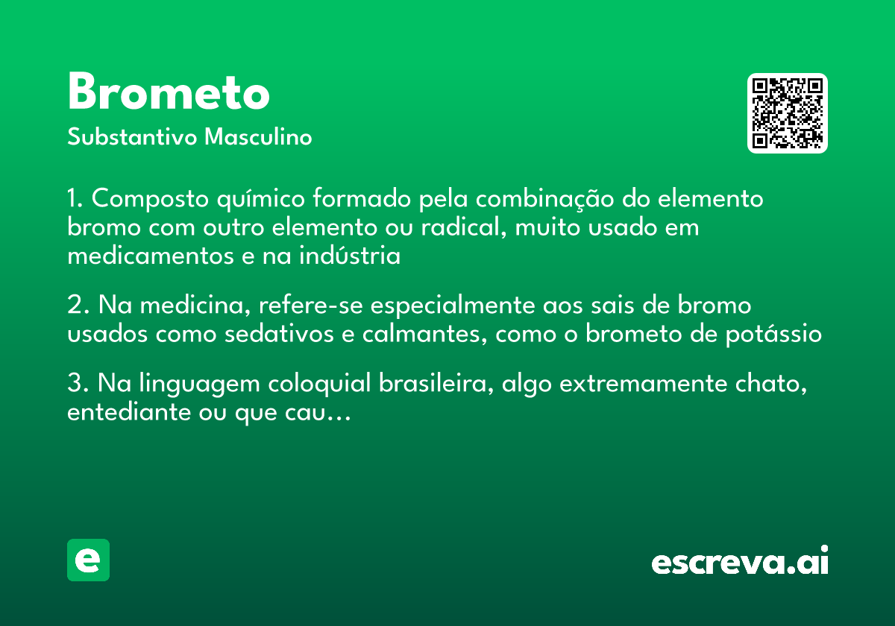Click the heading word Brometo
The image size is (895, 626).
169,93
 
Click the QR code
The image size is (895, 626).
788,113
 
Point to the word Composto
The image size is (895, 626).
151,200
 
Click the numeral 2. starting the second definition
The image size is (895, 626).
78,306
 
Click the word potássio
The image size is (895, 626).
774,334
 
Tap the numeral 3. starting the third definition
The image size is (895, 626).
78,384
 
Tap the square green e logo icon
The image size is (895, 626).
88,560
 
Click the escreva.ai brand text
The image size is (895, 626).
740,562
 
